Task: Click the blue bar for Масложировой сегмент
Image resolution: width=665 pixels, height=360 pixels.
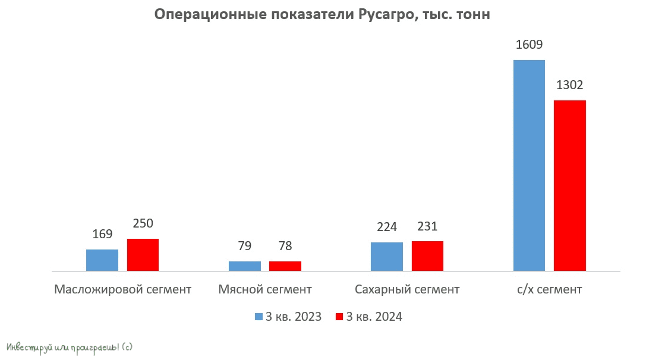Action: [x=102, y=260]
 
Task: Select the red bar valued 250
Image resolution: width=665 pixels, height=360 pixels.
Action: [x=143, y=255]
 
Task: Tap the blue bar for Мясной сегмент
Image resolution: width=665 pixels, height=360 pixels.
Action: [x=245, y=266]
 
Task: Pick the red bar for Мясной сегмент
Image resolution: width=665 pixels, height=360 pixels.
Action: [x=285, y=266]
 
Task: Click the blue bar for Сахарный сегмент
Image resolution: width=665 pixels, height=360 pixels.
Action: [x=387, y=257]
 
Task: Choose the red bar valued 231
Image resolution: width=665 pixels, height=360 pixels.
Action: [x=427, y=256]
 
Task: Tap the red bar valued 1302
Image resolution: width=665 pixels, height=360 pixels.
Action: [x=570, y=185]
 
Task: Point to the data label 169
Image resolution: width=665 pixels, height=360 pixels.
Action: [x=102, y=234]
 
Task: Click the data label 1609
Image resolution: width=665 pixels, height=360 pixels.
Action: [x=529, y=45]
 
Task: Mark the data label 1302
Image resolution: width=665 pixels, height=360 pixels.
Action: [x=570, y=85]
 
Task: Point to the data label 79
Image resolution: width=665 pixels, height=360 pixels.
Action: [x=245, y=246]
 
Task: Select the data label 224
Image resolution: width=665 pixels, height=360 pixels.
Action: [x=387, y=227]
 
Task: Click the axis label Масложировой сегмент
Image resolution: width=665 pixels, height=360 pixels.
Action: [x=122, y=290]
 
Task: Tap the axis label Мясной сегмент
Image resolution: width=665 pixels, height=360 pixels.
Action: [x=265, y=290]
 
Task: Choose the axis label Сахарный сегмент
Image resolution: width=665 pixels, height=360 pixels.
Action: [x=407, y=290]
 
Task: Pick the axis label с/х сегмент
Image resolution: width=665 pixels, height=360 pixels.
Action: [x=549, y=290]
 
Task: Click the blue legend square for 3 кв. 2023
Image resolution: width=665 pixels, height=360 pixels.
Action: [x=259, y=317]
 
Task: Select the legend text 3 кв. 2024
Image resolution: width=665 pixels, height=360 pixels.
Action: [x=374, y=317]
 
